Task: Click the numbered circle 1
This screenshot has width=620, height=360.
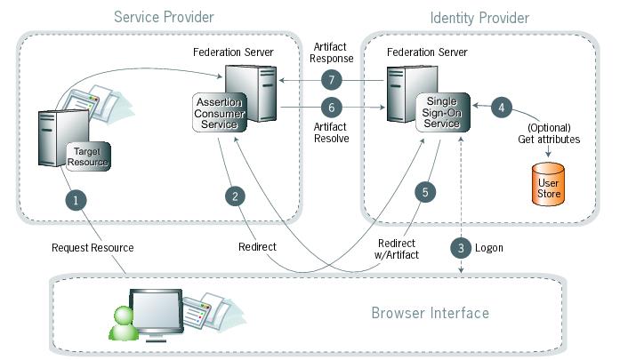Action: (x=78, y=200)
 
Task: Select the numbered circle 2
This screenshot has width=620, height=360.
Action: (x=235, y=196)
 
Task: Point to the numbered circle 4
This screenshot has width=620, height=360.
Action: (x=503, y=107)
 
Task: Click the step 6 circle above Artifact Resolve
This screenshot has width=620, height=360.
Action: (x=331, y=108)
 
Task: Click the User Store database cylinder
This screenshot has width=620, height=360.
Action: (x=548, y=188)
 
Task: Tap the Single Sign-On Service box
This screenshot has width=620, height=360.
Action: (x=442, y=113)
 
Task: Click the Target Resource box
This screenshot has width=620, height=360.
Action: (x=90, y=156)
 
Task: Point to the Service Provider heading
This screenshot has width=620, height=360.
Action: (x=164, y=18)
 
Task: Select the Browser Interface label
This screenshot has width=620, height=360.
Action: (x=430, y=313)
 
